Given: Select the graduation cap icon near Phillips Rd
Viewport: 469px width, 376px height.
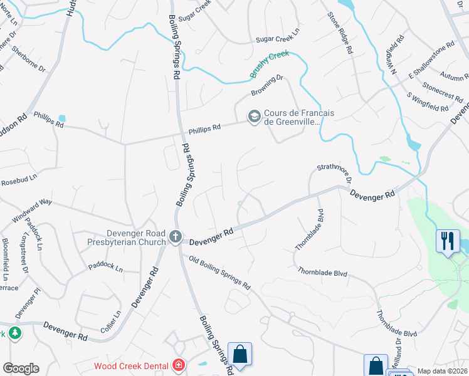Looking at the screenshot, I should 254,117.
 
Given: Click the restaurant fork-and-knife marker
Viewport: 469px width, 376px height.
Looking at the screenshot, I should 448,241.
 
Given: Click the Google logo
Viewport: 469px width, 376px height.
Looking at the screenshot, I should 21,368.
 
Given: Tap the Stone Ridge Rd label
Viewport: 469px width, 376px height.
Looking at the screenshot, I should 339,31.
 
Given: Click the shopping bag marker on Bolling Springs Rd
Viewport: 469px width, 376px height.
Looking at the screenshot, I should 240,354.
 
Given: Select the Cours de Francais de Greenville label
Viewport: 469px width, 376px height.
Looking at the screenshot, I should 299,117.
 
